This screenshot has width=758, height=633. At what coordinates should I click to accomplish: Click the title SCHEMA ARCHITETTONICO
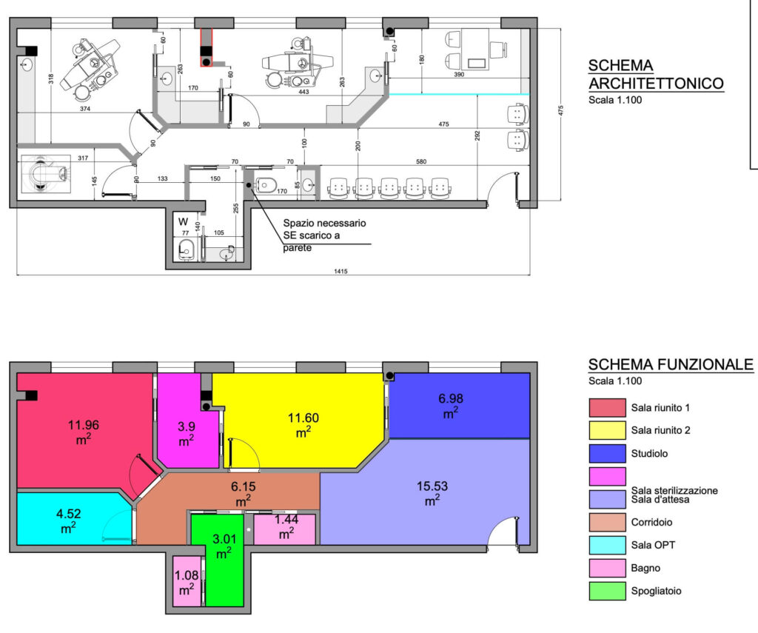click(656, 75)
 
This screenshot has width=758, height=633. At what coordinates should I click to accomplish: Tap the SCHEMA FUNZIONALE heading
click(671, 364)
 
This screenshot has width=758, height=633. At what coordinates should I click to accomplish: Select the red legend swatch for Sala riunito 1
click(607, 408)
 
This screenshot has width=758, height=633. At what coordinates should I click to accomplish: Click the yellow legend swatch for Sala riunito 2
click(607, 430)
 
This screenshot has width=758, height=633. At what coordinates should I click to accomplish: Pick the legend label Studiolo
click(649, 454)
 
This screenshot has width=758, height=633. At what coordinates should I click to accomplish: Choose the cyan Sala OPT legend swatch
click(607, 545)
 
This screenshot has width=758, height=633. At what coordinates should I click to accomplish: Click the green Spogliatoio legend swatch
click(607, 591)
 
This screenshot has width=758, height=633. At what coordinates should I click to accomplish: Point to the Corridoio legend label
click(651, 522)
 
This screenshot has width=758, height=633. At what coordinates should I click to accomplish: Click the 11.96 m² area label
click(83, 432)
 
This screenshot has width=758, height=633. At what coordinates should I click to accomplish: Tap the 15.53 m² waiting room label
click(432, 493)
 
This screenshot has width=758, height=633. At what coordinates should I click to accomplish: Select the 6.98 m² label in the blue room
click(451, 405)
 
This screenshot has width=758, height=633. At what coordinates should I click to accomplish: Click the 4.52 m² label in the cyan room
click(68, 520)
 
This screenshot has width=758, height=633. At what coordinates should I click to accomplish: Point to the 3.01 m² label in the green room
click(224, 546)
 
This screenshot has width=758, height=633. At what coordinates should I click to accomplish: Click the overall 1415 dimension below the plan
click(341, 271)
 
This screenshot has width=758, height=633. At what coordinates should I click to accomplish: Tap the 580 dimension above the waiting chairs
click(421, 161)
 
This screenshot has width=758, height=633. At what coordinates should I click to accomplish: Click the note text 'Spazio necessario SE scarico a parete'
click(324, 235)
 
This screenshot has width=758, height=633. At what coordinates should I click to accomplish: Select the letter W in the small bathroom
click(183, 221)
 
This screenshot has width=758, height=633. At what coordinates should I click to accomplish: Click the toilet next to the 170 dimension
click(266, 185)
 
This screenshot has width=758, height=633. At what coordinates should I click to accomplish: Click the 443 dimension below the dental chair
click(303, 92)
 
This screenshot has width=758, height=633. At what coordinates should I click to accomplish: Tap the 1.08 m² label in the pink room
click(187, 582)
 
